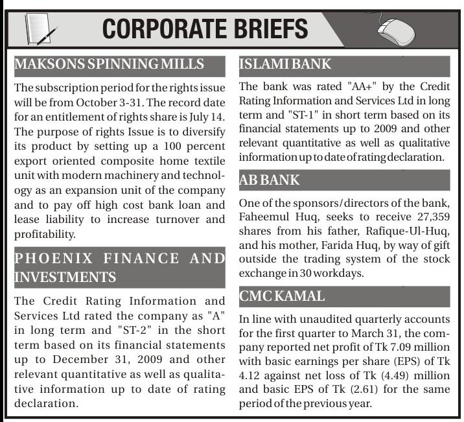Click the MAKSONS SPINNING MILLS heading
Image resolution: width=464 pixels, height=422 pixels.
tap(110, 64)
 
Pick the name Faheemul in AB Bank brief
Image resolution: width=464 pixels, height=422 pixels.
tap(266, 218)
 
